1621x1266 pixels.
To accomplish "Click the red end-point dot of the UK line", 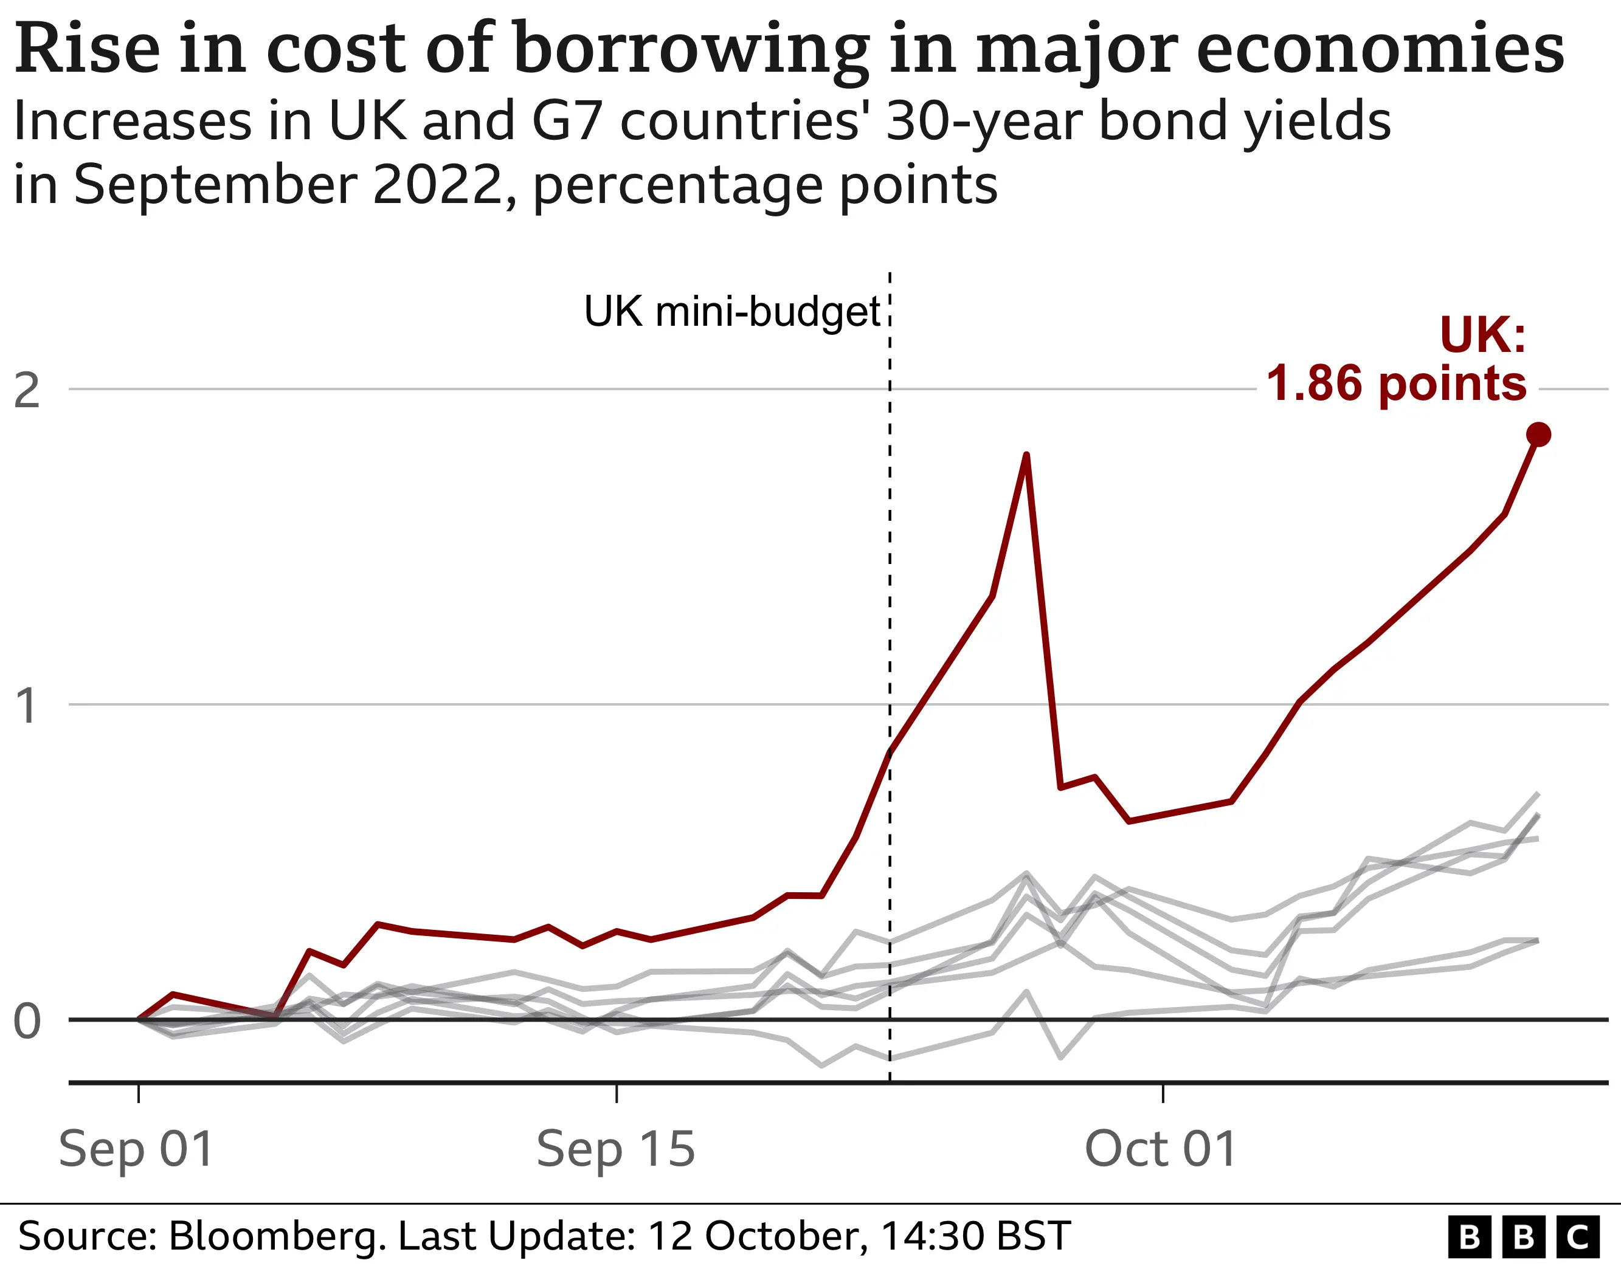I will pos(1539,434).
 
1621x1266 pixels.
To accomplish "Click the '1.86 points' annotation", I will pos(1396,384).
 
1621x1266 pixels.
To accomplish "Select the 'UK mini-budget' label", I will pos(732,311).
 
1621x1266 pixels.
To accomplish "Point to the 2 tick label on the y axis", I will pos(27,390).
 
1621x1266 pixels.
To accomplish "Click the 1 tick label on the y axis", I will pos(27,705).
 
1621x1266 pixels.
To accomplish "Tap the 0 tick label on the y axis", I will pos(27,1021).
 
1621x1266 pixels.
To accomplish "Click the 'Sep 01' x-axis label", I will pos(137,1149).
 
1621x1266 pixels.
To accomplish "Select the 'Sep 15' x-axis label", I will pos(616,1149).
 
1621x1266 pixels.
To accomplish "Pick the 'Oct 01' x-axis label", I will pos(1161,1149).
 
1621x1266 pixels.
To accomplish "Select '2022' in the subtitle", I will pos(438,185).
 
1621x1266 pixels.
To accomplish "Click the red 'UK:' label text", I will pos(1483,335).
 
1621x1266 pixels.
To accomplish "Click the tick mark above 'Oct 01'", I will pos(1163,1092).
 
